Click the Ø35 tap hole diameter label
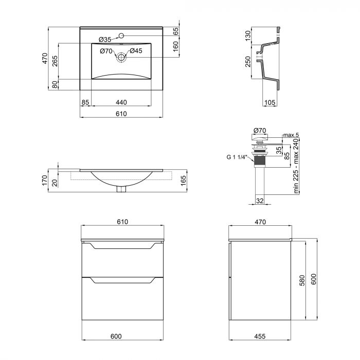pos(105,40)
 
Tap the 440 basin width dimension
pos(121,102)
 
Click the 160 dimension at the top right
pos(176,46)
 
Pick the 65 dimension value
pos(176,31)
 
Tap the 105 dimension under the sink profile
pos(269,102)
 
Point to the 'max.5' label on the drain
pos(291,135)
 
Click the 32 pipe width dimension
pos(260,200)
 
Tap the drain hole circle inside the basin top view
pos(121,57)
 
